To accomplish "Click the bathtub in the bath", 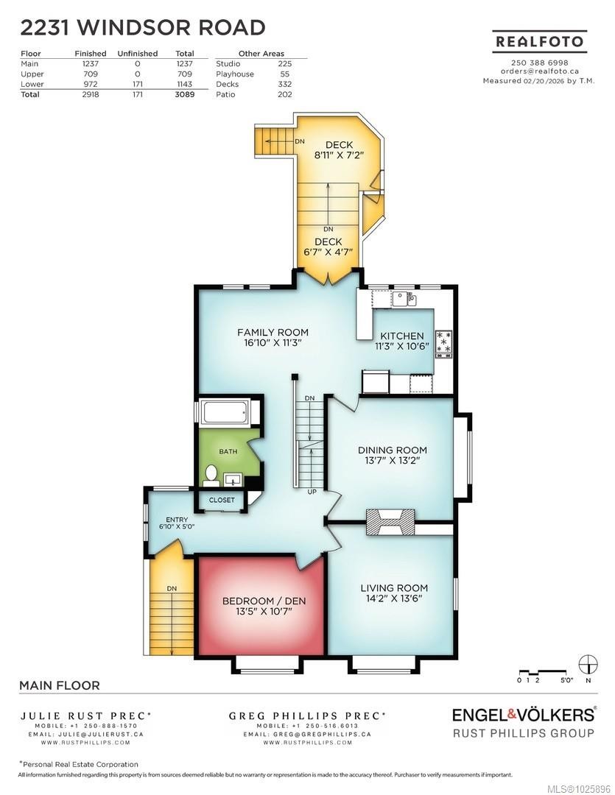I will [x=225, y=411].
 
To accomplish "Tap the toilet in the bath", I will [x=211, y=475].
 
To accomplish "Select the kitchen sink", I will [x=403, y=299].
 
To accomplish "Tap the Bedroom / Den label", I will [x=264, y=601].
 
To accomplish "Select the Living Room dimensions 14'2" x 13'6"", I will [x=394, y=599].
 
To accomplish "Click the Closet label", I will [x=222, y=501].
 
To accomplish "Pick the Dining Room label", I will [x=392, y=450].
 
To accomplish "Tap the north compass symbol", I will [x=588, y=665].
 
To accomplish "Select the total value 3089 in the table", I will [x=185, y=94].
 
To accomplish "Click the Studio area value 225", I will [x=285, y=64].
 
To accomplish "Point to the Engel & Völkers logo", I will [x=522, y=715].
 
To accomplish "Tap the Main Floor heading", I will [x=59, y=685].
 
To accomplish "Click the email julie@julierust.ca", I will [x=87, y=734].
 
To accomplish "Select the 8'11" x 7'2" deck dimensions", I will [x=328, y=155].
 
